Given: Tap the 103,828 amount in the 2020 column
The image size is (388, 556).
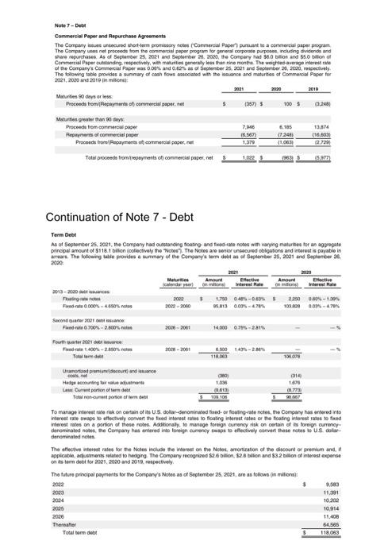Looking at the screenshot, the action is tap(295, 305).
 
